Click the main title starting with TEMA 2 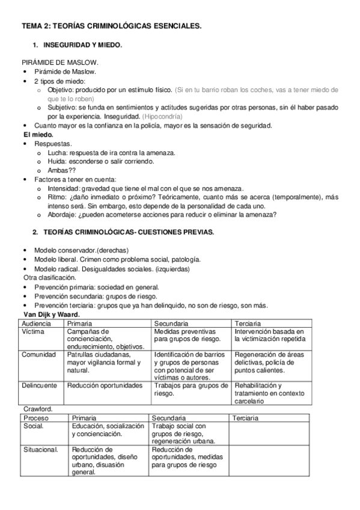[x=112, y=26]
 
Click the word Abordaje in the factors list [x=63, y=215]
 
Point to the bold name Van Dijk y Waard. [x=51, y=314]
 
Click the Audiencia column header [x=36, y=323]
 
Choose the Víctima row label [x=32, y=331]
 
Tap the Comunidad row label [x=39, y=355]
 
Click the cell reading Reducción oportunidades [x=105, y=385]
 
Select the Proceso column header [x=37, y=417]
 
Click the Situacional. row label [x=41, y=449]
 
